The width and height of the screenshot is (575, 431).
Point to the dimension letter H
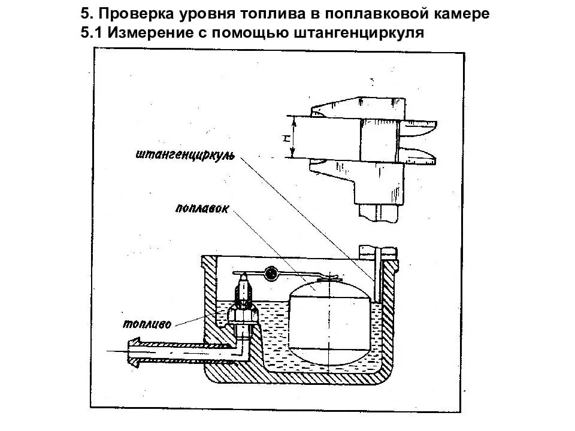pyautogui.click(x=287, y=138)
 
